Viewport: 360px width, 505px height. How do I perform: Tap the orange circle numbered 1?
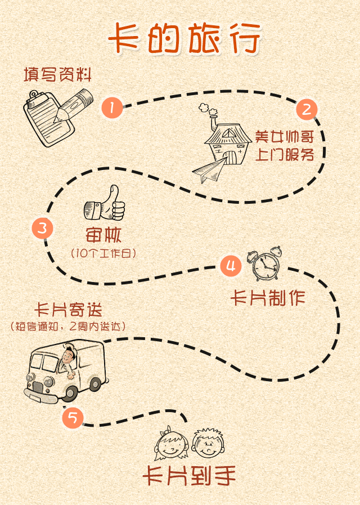(112, 108)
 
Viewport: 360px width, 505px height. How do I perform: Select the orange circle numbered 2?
(307, 109)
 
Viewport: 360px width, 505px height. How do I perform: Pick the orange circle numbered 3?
(43, 229)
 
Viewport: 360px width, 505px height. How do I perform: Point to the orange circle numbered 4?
(231, 266)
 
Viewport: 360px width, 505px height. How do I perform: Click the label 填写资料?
(58, 75)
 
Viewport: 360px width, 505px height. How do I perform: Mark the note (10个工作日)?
(104, 253)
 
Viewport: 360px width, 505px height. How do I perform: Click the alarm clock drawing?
(266, 265)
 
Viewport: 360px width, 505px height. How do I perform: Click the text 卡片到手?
(188, 476)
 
